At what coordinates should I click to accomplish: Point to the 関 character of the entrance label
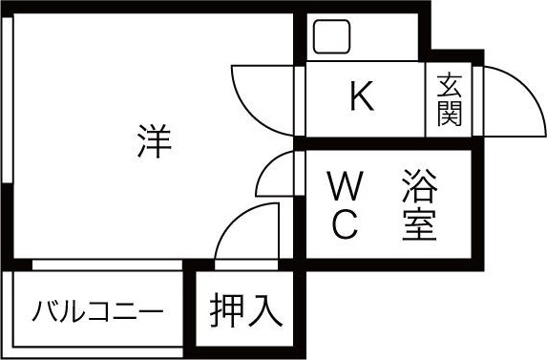pyautogui.click(x=451, y=114)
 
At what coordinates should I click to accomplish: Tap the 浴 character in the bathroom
pyautogui.click(x=419, y=183)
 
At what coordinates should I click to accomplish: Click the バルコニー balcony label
pyautogui.click(x=96, y=312)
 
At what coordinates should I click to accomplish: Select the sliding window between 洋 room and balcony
pyautogui.click(x=105, y=265)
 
